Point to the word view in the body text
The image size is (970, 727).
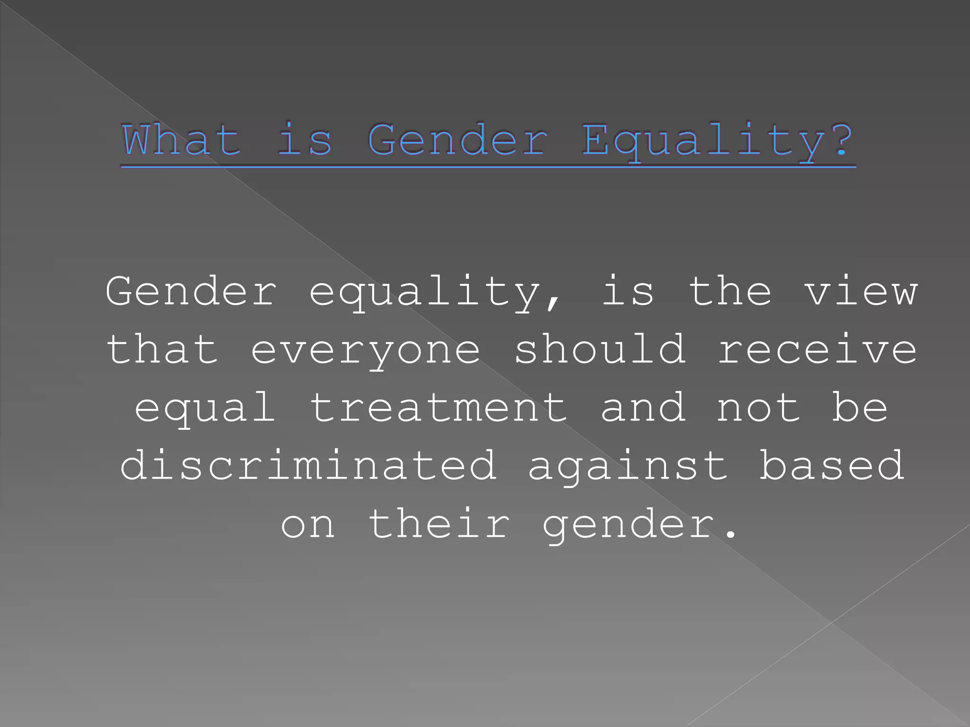(861, 292)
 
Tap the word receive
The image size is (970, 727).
(817, 350)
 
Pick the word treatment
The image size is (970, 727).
(439, 408)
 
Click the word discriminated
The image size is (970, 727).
(308, 466)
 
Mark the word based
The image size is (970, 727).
(832, 466)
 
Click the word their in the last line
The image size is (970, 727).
(440, 524)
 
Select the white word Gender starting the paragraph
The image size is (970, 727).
(191, 292)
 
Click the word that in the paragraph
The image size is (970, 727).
(162, 350)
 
